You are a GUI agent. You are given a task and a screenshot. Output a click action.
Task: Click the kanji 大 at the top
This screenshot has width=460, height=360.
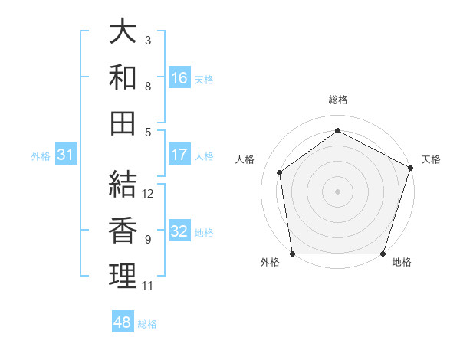click(123, 33)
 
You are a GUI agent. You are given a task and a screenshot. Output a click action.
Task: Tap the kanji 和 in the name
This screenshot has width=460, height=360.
click(123, 77)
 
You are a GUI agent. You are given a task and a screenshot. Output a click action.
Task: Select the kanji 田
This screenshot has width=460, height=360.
click(123, 122)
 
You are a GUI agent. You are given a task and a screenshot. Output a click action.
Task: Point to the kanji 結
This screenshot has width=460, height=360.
click(123, 184)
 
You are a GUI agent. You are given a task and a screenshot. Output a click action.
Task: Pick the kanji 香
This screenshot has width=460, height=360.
click(123, 230)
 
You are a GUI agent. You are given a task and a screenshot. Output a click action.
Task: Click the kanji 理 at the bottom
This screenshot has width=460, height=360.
click(123, 276)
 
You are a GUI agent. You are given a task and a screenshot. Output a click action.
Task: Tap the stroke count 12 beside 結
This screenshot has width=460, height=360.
click(149, 194)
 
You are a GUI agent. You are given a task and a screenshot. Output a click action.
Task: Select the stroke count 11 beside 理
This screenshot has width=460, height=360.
click(148, 286)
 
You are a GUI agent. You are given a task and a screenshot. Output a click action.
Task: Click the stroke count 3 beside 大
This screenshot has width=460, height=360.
click(148, 40)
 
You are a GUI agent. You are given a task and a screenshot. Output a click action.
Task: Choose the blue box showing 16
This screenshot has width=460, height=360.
click(179, 78)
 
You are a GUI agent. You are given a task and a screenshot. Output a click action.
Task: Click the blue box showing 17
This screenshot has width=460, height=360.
click(179, 155)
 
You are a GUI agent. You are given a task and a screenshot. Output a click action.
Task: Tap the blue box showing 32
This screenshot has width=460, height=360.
click(179, 231)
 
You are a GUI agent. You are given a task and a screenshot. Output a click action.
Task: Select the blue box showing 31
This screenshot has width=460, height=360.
click(65, 155)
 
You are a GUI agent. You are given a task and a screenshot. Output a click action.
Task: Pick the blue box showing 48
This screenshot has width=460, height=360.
click(122, 323)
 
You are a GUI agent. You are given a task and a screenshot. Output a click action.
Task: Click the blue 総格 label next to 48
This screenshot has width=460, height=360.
click(147, 324)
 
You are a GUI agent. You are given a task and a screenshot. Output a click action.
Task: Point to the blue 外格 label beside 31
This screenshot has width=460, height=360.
click(41, 155)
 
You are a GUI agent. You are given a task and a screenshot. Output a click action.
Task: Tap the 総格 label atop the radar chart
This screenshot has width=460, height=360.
click(338, 100)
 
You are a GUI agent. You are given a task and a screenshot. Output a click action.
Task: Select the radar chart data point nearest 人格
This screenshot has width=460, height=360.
click(280, 172)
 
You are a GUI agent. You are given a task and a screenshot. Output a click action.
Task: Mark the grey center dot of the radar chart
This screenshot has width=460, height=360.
click(338, 191)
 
